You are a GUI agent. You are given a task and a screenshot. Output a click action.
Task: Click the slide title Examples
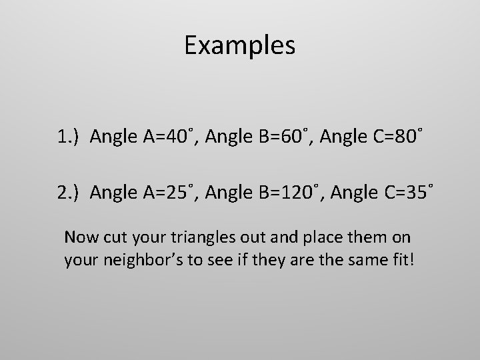pyautogui.click(x=239, y=46)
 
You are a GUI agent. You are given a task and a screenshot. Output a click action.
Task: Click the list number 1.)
pyautogui.click(x=69, y=138)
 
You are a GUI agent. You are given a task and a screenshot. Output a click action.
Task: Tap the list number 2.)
pyautogui.click(x=69, y=194)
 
